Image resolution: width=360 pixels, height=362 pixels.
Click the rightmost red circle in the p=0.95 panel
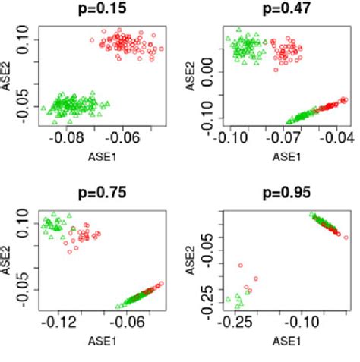point(346,238)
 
